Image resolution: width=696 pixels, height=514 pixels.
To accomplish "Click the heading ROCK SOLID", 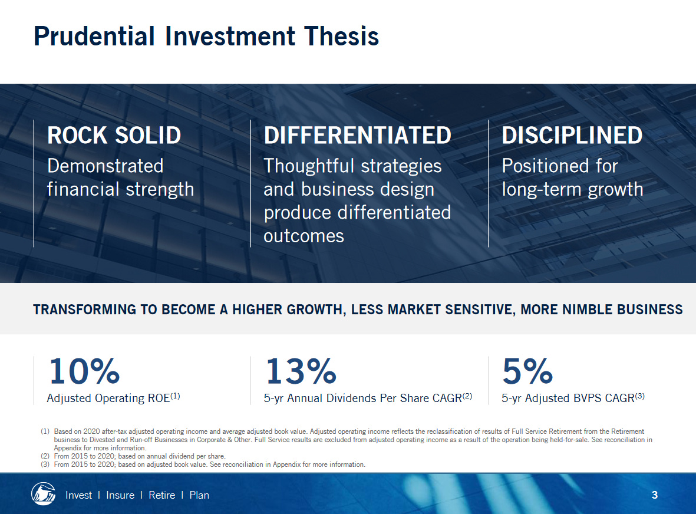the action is [114, 135].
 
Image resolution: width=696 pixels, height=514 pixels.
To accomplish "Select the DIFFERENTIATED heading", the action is [357, 135].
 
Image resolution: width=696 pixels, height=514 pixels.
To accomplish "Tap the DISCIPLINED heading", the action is [572, 135].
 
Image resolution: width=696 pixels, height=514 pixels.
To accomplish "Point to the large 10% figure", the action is [84, 371].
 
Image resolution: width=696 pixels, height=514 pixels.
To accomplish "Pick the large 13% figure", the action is [301, 371].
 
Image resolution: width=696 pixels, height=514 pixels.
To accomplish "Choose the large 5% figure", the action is [528, 371].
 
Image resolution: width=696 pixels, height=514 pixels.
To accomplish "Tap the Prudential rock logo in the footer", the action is [43, 493].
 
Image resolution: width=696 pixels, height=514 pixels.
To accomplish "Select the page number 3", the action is [654, 495].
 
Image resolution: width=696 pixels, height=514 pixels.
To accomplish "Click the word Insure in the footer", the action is [120, 495].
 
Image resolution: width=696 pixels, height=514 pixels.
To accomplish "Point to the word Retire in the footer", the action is [162, 495].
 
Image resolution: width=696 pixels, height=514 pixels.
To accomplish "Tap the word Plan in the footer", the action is [199, 495].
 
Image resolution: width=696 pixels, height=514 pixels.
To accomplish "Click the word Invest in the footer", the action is [78, 495].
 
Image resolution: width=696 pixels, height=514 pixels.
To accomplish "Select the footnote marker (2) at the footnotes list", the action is [45, 456].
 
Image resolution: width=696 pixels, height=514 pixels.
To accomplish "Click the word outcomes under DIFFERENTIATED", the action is [304, 236].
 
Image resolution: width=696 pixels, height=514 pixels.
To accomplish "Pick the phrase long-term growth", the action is [573, 190].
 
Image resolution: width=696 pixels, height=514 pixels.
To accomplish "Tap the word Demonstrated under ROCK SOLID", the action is [105, 166].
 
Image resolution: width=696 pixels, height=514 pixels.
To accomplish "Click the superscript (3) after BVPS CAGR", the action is [639, 396].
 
